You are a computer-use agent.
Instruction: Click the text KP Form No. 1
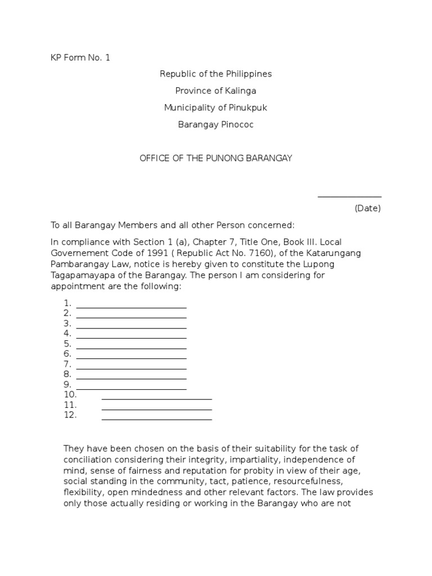[x=80, y=57]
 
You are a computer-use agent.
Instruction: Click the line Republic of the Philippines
[x=215, y=74]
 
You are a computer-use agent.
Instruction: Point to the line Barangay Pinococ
[x=215, y=125]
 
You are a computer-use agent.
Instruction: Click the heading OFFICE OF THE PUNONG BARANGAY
[x=215, y=159]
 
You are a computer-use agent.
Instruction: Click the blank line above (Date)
[x=349, y=196]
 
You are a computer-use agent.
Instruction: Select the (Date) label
[x=367, y=209]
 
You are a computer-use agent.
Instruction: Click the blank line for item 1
[x=131, y=307]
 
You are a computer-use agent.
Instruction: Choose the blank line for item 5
[x=131, y=348]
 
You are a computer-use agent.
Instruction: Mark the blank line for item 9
[x=131, y=388]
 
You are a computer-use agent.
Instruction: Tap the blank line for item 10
[x=156, y=398]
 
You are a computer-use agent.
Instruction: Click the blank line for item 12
[x=156, y=418]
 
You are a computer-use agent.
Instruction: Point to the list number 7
[x=67, y=364]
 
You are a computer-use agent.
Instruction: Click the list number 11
[x=70, y=405]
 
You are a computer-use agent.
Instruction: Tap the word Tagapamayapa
[x=78, y=276]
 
